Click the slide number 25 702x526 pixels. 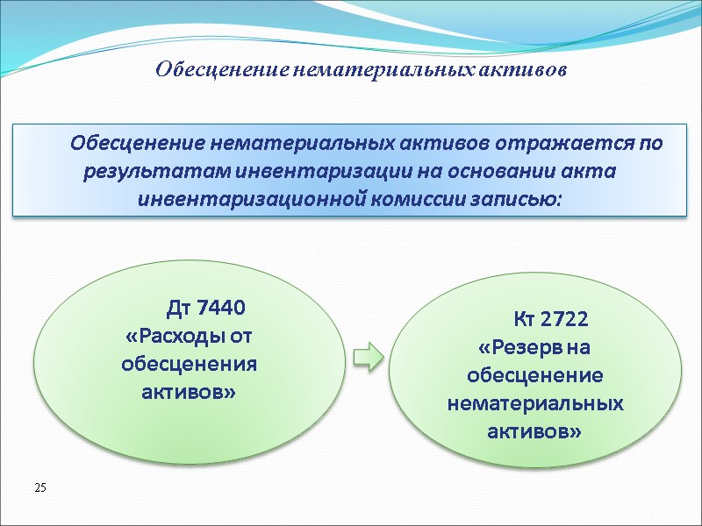tap(39, 486)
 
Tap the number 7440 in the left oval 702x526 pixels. tap(222, 308)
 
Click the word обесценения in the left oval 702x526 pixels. tap(189, 364)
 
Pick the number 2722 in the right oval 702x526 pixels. tap(563, 318)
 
